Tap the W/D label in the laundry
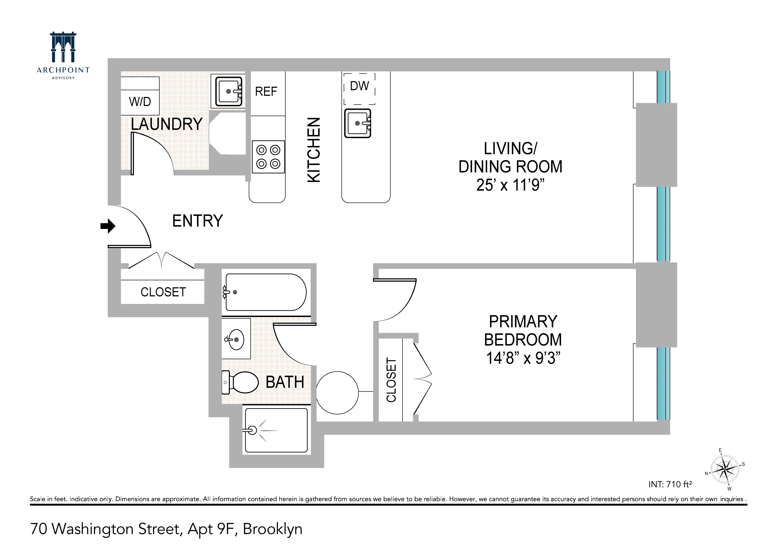tap(140, 102)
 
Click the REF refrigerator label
tap(266, 91)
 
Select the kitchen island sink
tap(357, 123)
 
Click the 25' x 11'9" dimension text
tap(510, 185)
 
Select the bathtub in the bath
tap(266, 292)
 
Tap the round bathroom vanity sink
tap(236, 339)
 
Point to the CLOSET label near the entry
tap(163, 292)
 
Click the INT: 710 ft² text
tap(670, 484)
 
